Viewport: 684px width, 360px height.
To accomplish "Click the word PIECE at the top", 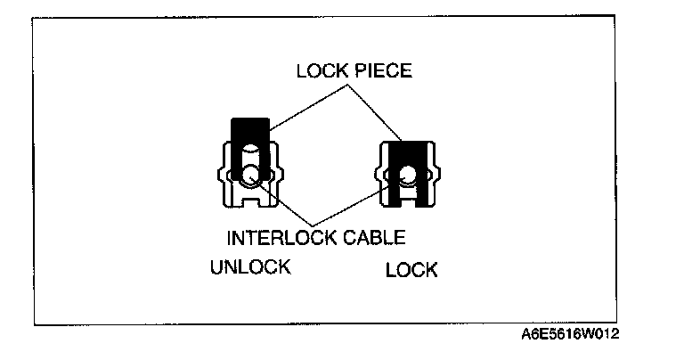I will coord(380,72).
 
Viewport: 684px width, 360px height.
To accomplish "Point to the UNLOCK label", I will coord(250,267).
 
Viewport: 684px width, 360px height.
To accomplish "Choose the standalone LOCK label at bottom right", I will coord(411,269).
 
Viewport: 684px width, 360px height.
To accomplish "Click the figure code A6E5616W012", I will coord(570,335).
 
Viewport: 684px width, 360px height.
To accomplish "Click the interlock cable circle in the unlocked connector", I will coord(251,175).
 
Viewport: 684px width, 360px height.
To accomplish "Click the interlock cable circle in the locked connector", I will coord(409,176).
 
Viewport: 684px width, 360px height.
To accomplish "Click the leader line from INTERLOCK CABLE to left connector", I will coord(285,201).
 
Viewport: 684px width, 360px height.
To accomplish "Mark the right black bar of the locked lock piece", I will coord(427,178).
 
